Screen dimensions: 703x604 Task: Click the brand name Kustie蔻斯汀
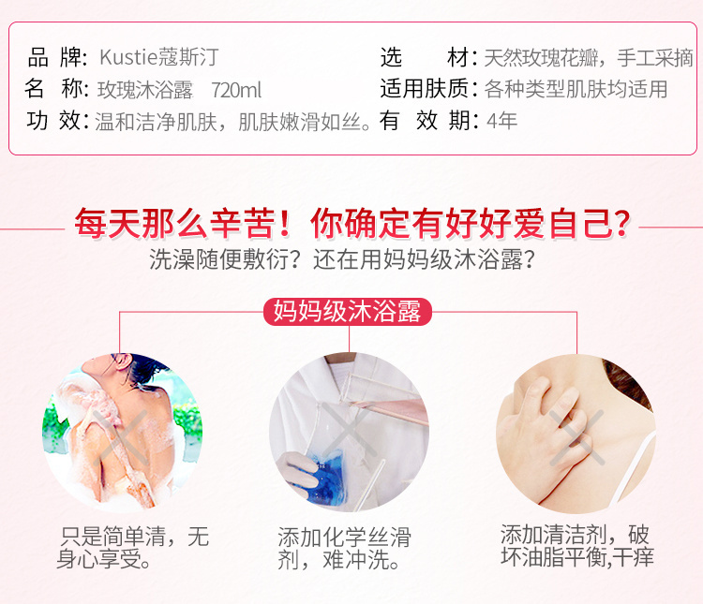[158, 57]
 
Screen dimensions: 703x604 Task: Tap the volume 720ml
[236, 90]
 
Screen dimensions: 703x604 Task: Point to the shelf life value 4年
[501, 121]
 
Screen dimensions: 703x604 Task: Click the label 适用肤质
[424, 88]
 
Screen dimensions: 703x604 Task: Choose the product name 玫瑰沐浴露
[144, 90]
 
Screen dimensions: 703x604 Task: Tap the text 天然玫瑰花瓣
[541, 58]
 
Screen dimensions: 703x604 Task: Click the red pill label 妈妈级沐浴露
[348, 312]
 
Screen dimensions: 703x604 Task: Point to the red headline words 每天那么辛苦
[173, 223]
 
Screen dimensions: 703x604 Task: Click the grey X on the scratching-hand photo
[576, 437]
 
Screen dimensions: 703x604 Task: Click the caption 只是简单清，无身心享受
[133, 548]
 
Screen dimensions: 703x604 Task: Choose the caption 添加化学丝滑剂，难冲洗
[344, 549]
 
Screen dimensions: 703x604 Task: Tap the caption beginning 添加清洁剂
[577, 546]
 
